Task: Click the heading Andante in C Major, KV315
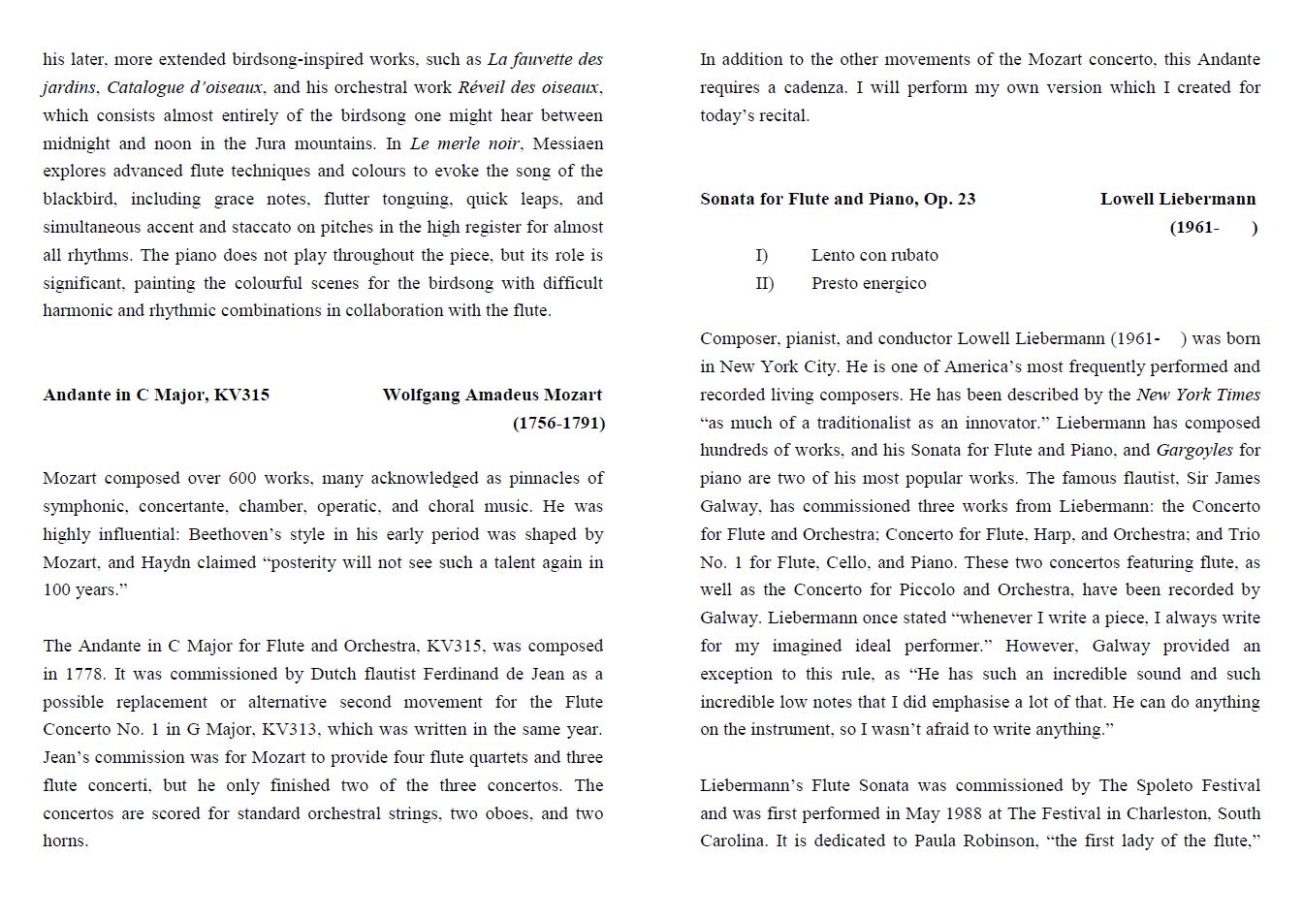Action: (156, 395)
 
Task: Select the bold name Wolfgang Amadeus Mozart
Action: (492, 395)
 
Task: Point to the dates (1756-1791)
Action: (558, 423)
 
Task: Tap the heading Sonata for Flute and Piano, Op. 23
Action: (838, 199)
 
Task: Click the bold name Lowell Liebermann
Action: (1177, 199)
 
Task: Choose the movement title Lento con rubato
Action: (874, 255)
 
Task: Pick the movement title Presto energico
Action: (869, 283)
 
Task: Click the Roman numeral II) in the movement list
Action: (765, 283)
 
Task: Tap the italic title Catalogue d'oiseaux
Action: (184, 87)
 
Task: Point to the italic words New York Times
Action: (1198, 395)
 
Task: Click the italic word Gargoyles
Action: (1194, 450)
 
